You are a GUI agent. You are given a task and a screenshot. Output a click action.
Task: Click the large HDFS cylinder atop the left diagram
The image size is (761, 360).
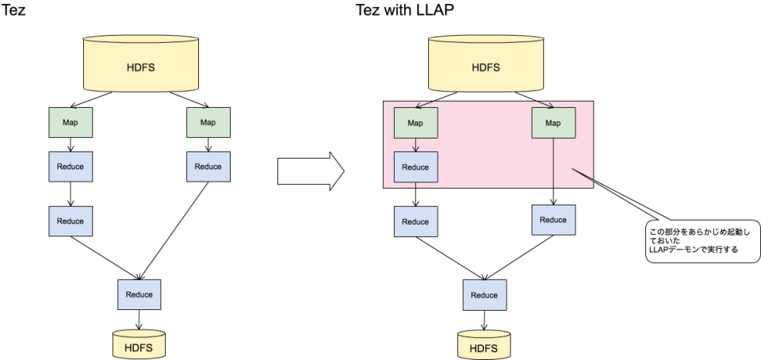coord(140,65)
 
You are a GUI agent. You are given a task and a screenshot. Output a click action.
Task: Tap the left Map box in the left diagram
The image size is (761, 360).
coord(71,122)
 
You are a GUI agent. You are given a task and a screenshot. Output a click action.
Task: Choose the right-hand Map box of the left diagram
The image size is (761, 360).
coord(208,122)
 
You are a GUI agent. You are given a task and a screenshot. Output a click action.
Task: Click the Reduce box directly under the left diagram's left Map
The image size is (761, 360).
coord(71,167)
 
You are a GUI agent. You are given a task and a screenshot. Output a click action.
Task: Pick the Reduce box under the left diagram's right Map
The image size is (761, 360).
coord(208,167)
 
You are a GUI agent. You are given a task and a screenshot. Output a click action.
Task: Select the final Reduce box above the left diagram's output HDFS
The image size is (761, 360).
coord(139,294)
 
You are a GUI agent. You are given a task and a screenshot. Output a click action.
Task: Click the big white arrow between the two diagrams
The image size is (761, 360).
coord(309,171)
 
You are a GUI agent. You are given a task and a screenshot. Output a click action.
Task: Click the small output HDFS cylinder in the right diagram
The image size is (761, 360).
coord(484,347)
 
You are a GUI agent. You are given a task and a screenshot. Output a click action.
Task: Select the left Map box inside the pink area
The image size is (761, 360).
coord(415,123)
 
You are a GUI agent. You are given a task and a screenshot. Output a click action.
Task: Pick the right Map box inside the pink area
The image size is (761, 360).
coord(553,123)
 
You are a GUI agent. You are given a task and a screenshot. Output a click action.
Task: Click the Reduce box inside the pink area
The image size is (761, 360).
coord(415,167)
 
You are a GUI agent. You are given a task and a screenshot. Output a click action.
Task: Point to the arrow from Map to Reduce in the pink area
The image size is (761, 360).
coord(415,145)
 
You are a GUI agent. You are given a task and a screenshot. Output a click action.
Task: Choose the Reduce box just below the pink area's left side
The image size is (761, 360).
coord(415,221)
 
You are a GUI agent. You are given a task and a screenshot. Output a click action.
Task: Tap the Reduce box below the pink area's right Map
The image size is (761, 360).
coord(553,220)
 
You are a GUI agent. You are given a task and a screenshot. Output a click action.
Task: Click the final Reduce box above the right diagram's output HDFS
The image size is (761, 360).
coord(484,295)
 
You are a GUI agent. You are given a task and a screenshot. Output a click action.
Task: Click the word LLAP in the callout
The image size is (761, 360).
coord(660,249)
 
